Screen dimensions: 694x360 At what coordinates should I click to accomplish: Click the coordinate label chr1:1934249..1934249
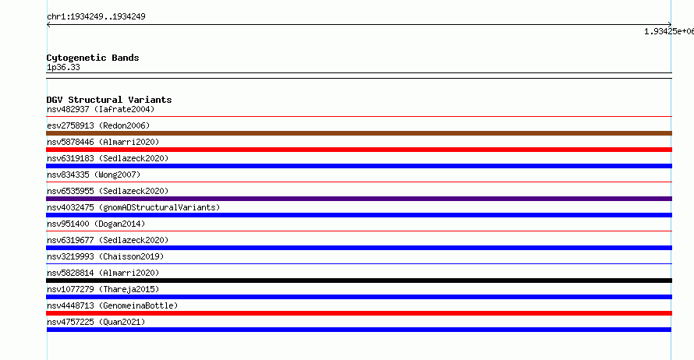(x=96, y=17)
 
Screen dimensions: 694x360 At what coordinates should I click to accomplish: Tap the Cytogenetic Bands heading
(x=93, y=58)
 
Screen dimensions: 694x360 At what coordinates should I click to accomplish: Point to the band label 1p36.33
(x=63, y=67)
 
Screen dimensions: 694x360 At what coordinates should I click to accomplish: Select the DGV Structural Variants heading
(x=109, y=100)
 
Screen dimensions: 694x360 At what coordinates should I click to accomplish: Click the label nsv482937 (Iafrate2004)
(x=101, y=109)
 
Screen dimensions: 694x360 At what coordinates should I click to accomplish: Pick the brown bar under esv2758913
(x=359, y=133)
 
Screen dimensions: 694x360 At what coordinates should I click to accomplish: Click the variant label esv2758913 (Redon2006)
(x=98, y=125)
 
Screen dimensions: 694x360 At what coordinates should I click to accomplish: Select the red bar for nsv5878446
(x=359, y=150)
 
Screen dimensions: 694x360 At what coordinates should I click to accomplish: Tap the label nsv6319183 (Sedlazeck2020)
(x=108, y=158)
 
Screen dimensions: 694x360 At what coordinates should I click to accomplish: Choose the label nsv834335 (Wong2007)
(x=94, y=175)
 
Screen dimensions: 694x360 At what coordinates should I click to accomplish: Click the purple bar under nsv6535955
(x=359, y=199)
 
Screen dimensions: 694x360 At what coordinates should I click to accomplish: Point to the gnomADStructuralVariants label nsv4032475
(x=133, y=207)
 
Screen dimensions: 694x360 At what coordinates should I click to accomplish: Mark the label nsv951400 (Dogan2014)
(x=96, y=224)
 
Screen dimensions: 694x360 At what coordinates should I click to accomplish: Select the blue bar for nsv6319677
(x=359, y=248)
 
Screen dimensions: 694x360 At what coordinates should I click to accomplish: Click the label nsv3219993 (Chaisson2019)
(x=105, y=256)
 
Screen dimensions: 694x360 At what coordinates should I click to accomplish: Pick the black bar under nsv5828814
(x=359, y=281)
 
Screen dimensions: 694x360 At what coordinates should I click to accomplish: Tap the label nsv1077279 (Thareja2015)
(x=103, y=289)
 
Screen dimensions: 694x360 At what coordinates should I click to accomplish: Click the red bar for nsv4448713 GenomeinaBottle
(x=359, y=313)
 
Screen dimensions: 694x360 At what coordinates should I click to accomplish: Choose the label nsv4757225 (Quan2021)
(x=96, y=322)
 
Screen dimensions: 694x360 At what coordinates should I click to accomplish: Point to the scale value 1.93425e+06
(x=669, y=31)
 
